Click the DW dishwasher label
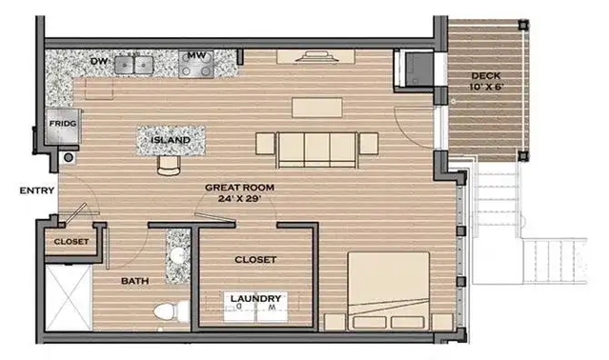(x=99, y=61)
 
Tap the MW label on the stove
(x=196, y=55)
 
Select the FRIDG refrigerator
(x=63, y=126)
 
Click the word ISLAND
(x=171, y=140)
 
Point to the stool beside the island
(x=169, y=166)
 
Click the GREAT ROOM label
(x=239, y=188)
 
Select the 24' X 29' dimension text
(x=239, y=199)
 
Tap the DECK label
(x=486, y=76)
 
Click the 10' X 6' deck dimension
(x=487, y=87)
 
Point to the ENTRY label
(x=37, y=190)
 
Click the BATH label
(x=134, y=281)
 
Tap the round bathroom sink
(x=178, y=255)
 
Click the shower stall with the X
(x=69, y=297)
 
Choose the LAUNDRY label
(x=255, y=299)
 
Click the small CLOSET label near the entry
(x=71, y=241)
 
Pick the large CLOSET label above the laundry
(x=255, y=260)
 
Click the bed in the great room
(x=389, y=290)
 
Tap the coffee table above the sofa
(x=317, y=108)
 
